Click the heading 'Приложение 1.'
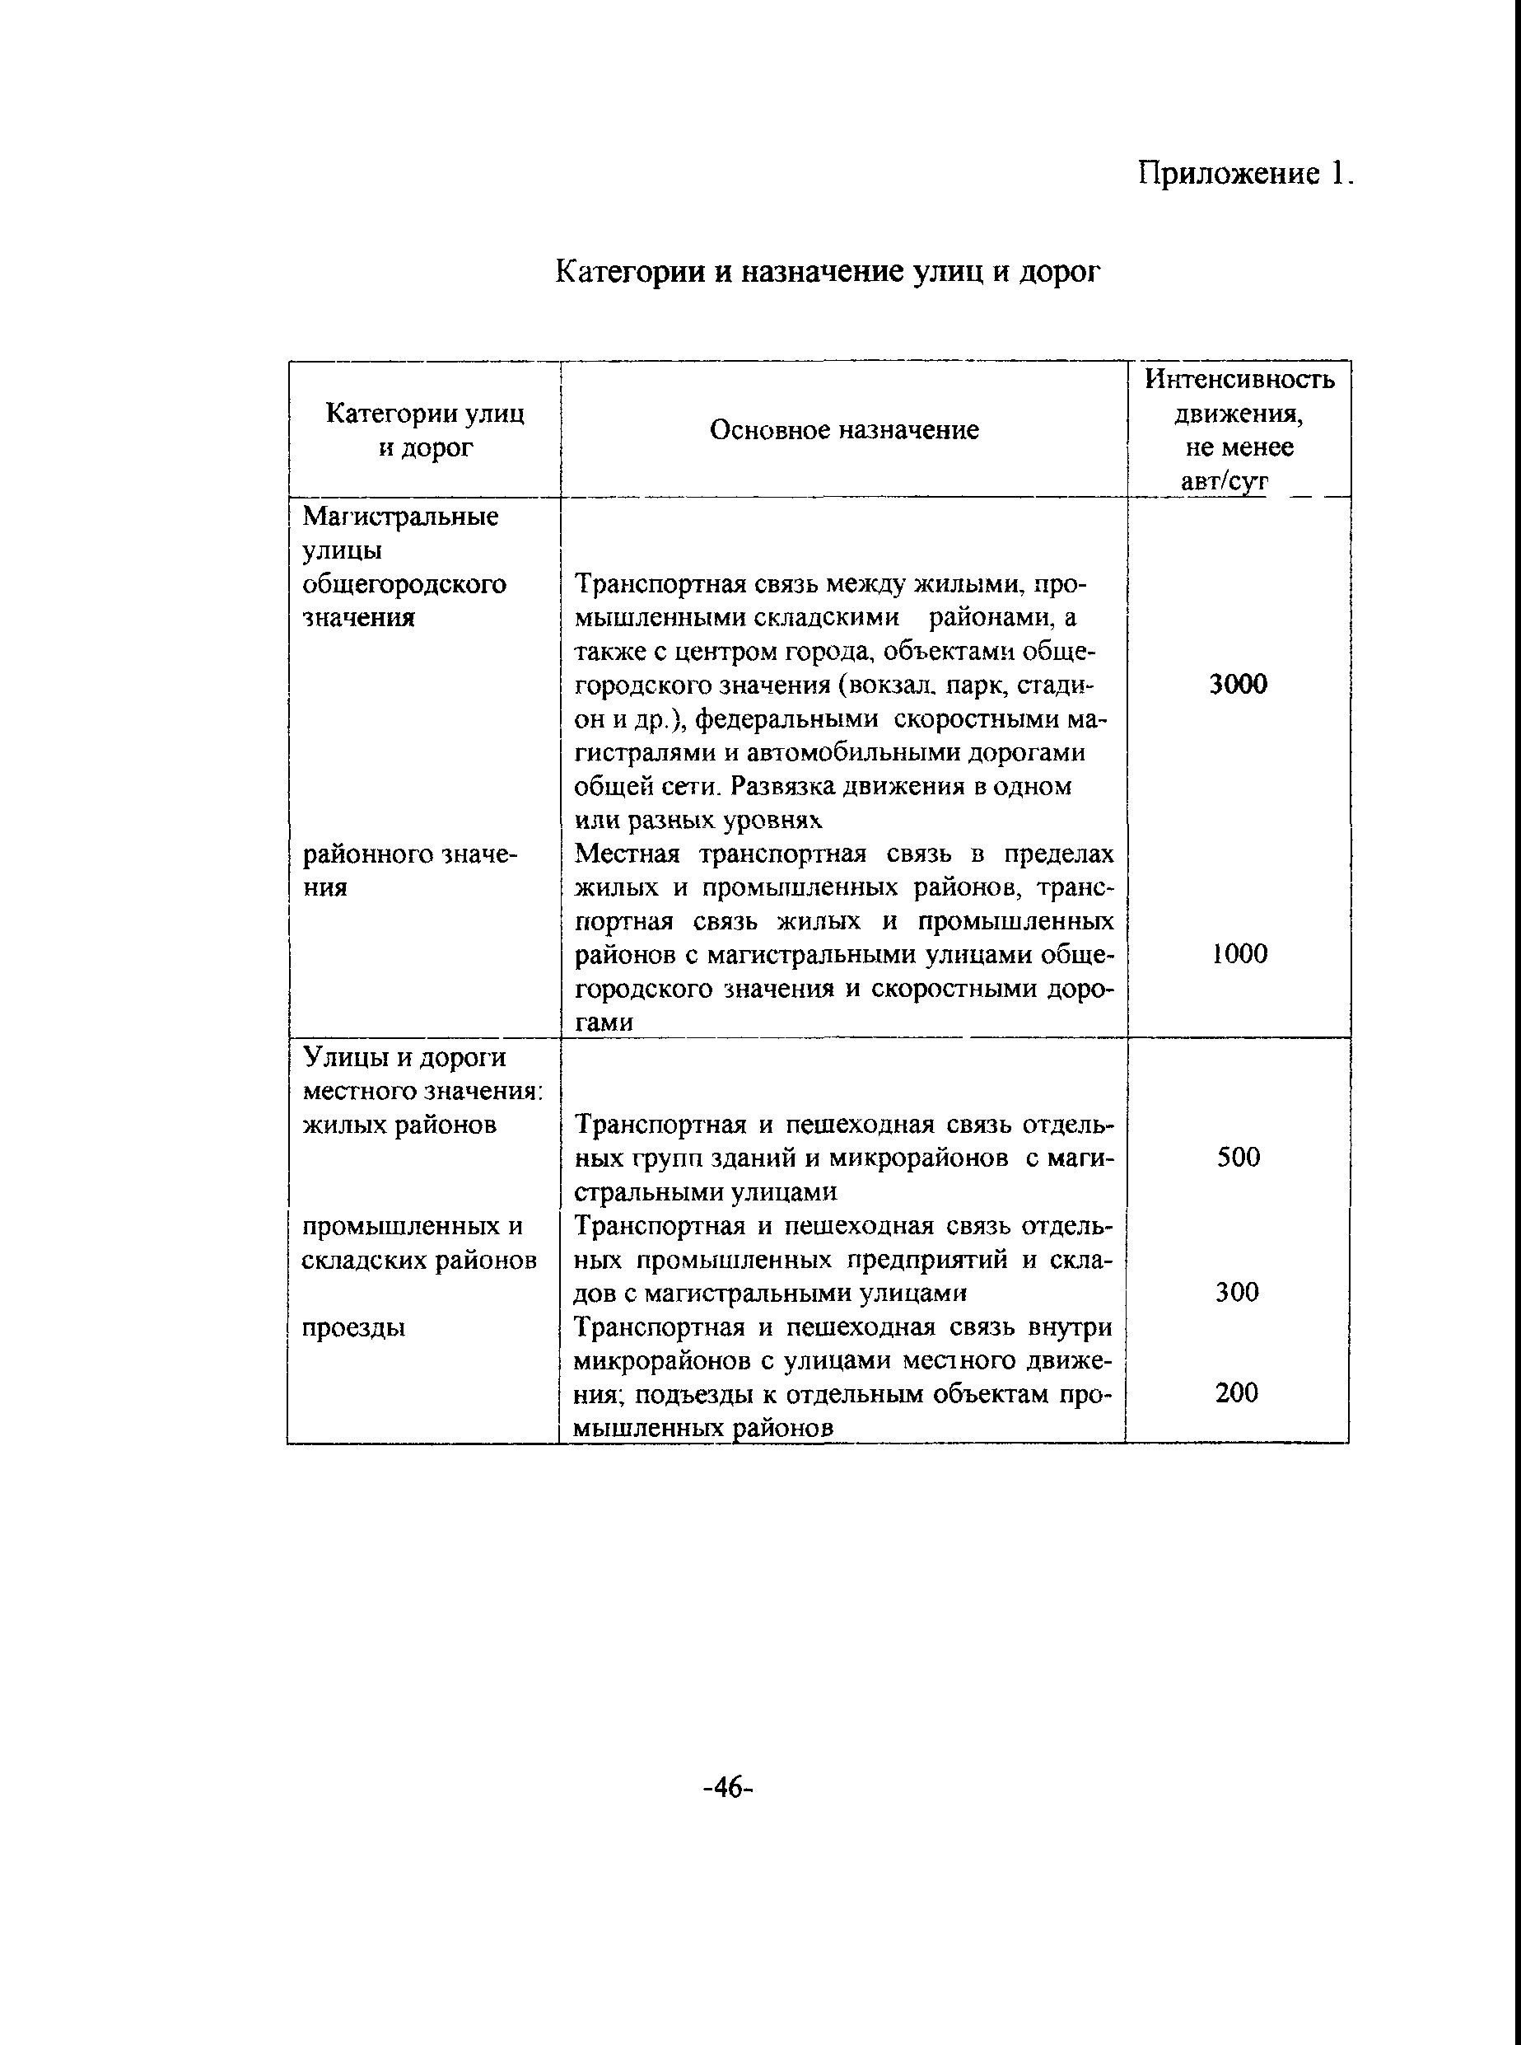coord(1246,173)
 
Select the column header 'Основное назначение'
coord(843,430)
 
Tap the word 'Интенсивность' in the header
coord(1239,380)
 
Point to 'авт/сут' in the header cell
coord(1225,482)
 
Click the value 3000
coord(1239,685)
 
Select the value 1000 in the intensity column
coord(1239,954)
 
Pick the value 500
coord(1239,1158)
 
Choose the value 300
coord(1237,1293)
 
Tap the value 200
coord(1237,1392)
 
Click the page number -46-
coord(727,1788)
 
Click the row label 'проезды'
coord(354,1328)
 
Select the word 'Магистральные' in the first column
coord(400,517)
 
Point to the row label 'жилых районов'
coord(399,1125)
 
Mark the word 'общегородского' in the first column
coord(404,585)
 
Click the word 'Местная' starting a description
coord(627,855)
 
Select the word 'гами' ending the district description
coord(603,1023)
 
